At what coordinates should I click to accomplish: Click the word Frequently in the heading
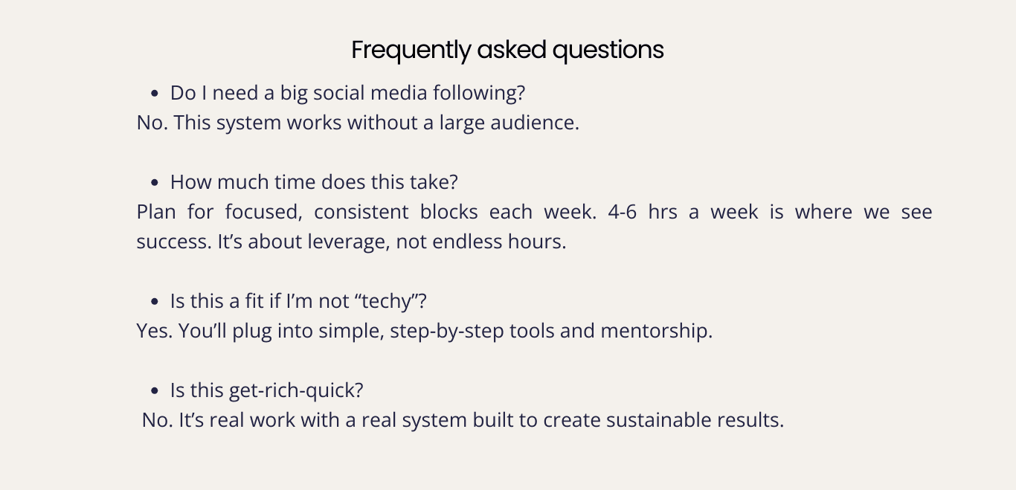[x=411, y=51]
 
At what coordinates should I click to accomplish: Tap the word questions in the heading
[x=608, y=51]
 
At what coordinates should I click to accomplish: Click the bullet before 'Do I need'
[x=154, y=94]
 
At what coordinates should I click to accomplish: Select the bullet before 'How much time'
[x=154, y=183]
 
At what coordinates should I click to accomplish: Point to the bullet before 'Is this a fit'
[x=154, y=301]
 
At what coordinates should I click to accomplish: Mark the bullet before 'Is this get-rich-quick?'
[x=154, y=390]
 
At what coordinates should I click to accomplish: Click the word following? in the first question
[x=479, y=94]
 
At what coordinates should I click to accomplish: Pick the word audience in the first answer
[x=533, y=123]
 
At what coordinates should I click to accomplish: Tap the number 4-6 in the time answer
[x=623, y=212]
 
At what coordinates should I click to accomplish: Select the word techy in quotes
[x=388, y=302]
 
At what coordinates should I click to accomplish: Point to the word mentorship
[x=656, y=331]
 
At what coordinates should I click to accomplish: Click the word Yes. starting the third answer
[x=155, y=331]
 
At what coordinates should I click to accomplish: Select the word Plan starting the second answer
[x=156, y=212]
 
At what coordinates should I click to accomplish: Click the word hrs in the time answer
[x=663, y=212]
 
